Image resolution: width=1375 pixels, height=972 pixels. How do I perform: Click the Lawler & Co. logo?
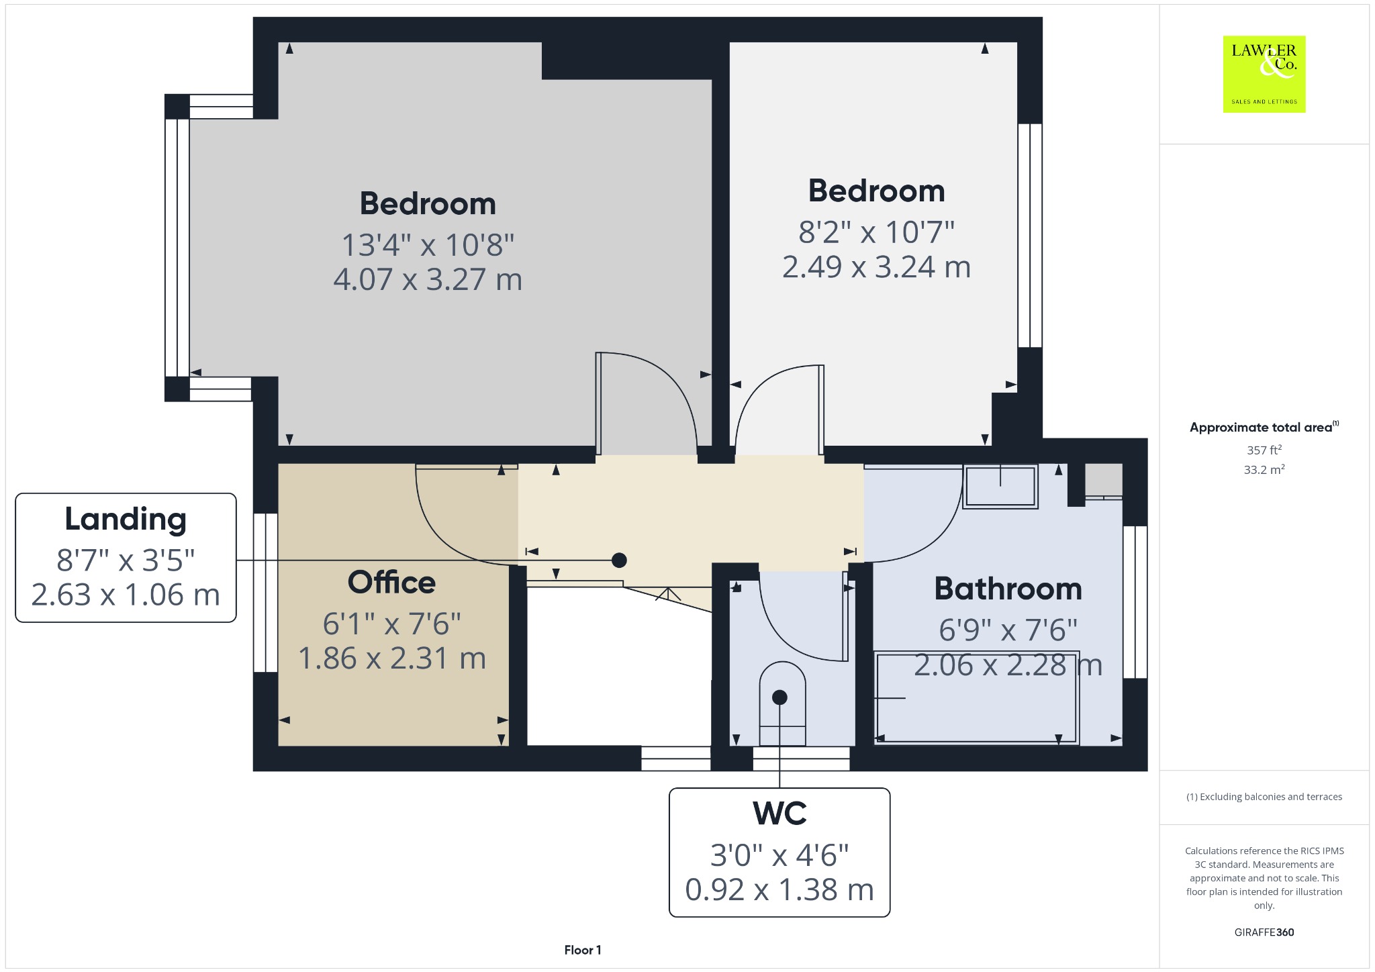(x=1264, y=75)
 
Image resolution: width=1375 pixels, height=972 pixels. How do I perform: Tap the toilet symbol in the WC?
(x=782, y=703)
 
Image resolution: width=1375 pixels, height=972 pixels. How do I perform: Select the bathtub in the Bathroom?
(x=976, y=697)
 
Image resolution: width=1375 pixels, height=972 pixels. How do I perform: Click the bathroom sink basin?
(x=1000, y=486)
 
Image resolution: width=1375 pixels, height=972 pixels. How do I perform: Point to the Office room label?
(x=391, y=583)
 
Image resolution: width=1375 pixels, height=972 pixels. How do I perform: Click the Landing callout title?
(x=126, y=519)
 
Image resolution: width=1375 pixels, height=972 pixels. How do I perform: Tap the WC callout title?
(x=779, y=814)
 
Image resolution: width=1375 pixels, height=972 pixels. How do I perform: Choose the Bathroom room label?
(x=1008, y=589)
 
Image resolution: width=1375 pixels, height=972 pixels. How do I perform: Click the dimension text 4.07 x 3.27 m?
(x=428, y=279)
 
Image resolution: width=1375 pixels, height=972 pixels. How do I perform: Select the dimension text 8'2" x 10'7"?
(x=876, y=232)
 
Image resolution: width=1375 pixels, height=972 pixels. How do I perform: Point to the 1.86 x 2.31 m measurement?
(x=391, y=658)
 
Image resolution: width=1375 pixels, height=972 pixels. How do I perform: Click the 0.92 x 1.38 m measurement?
(x=779, y=889)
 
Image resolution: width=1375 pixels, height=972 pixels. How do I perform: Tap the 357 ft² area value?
(x=1264, y=450)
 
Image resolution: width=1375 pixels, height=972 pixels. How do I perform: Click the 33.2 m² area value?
(x=1264, y=469)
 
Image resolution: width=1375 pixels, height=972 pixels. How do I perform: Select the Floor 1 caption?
(x=583, y=950)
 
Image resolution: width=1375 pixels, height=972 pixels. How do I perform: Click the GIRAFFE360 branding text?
(x=1264, y=932)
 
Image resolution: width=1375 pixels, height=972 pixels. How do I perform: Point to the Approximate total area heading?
(x=1264, y=427)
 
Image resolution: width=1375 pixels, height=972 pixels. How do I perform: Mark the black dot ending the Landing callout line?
(x=619, y=560)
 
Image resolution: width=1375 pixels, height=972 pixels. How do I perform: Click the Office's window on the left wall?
(x=265, y=593)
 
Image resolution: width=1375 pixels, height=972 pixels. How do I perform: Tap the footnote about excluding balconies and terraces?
(x=1264, y=797)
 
